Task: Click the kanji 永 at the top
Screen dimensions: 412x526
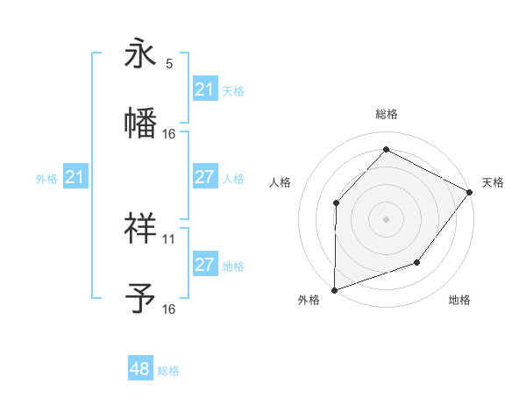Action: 141,53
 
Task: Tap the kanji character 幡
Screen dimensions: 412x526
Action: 141,123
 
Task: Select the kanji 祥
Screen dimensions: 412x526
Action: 141,229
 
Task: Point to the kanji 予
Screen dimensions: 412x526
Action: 141,298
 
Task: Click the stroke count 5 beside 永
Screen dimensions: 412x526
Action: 169,64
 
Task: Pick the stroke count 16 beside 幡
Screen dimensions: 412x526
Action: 169,133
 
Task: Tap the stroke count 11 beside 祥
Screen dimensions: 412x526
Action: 169,238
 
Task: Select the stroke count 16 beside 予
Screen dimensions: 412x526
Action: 169,309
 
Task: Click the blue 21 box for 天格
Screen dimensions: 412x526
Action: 204,89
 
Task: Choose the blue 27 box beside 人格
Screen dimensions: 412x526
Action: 204,177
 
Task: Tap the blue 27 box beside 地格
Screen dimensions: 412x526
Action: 204,265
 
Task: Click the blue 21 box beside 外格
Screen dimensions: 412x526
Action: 75,178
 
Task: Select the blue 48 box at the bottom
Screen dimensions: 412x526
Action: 139,369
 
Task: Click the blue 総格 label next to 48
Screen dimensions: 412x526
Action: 168,371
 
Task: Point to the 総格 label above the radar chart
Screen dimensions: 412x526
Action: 386,114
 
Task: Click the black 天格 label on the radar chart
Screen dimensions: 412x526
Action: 493,182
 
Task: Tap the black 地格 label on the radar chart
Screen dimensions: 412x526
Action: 459,301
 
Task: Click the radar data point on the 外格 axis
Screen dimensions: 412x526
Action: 335,289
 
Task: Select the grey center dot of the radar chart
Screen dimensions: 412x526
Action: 386,218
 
